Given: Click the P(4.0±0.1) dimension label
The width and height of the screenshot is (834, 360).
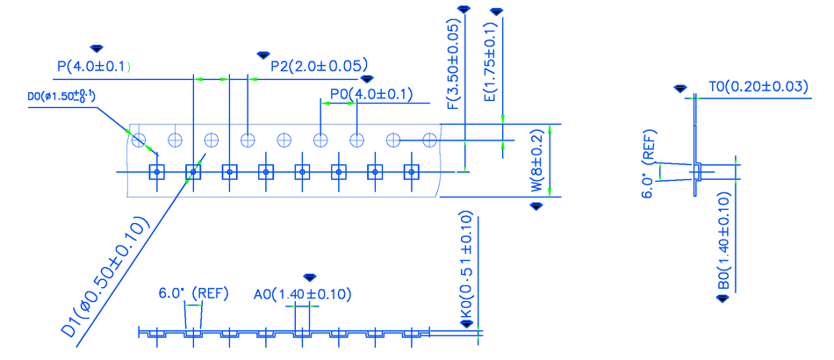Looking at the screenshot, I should (94, 66).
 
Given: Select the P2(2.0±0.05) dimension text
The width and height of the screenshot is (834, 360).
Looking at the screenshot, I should (319, 66).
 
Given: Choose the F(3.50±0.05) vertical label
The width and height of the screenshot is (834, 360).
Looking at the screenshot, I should (453, 65).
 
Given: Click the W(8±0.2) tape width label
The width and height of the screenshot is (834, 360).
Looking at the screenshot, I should (537, 163).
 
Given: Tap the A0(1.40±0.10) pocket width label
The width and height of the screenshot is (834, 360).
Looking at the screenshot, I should (302, 294).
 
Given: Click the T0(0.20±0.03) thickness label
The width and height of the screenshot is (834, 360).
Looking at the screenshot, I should (758, 86).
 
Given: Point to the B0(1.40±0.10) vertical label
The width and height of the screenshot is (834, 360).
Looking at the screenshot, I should (723, 241).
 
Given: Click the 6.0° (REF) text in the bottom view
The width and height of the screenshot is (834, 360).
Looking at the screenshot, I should (193, 293).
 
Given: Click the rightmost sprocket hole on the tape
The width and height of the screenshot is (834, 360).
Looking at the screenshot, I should (429, 140).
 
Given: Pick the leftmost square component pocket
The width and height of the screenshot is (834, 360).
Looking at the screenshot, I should (157, 173).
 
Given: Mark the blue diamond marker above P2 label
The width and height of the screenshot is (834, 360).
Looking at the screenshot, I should (262, 55).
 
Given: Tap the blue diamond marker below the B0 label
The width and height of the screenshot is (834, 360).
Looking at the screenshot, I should (723, 299).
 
